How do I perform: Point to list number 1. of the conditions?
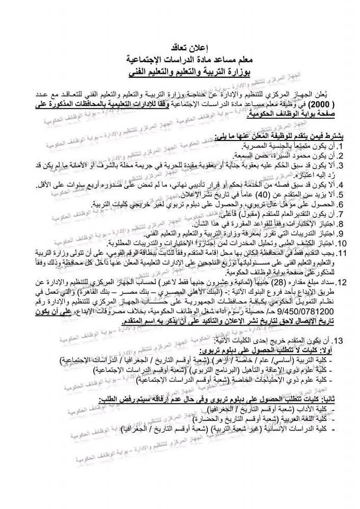point(341,145)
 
